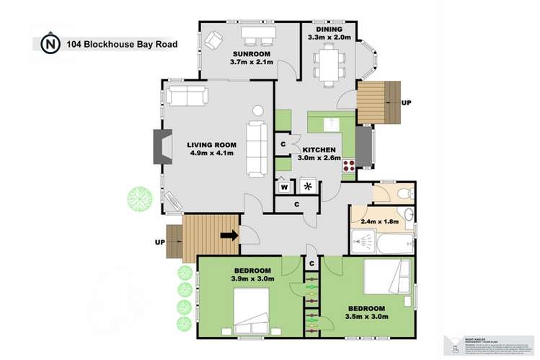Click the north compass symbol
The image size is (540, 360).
point(49,43)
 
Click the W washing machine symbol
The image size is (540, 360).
point(285,187)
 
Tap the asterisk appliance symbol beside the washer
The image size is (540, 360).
point(309,187)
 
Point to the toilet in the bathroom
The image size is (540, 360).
point(404,193)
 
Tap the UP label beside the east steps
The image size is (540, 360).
point(406,103)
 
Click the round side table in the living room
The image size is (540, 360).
point(258,112)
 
